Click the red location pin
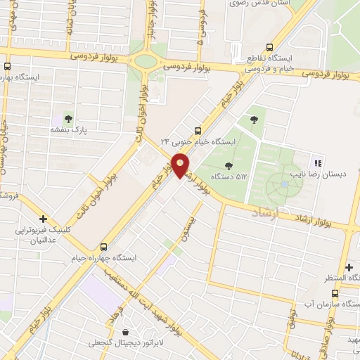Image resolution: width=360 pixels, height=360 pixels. (181, 166)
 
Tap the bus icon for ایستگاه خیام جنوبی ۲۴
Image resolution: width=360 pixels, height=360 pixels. (197, 130)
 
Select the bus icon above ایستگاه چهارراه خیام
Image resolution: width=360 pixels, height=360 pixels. (104, 247)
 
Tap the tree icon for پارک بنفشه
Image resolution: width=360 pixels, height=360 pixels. (68, 118)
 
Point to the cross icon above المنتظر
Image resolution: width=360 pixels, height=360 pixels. (349, 266)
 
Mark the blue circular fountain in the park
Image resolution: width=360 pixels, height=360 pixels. (284, 184)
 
